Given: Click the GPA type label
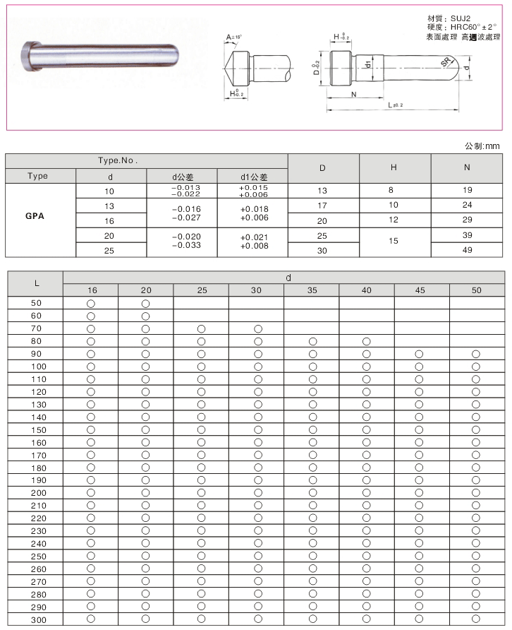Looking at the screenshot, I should [x=35, y=216].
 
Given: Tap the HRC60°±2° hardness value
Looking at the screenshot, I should [x=473, y=26].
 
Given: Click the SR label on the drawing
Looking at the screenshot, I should [x=446, y=63].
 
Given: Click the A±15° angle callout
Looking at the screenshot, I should [x=234, y=37].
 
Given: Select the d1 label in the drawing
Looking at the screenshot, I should [x=369, y=65].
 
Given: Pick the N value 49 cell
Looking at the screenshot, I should [x=467, y=249].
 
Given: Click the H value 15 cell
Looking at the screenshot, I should [x=394, y=241].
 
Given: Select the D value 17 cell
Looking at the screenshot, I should [x=322, y=206].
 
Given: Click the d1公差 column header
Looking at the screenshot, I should [x=253, y=177].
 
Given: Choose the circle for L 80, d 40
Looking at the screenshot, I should [x=367, y=341].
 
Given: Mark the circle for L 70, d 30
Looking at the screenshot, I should [x=257, y=328].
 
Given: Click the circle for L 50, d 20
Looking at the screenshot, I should [x=146, y=303].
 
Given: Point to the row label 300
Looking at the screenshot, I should [x=37, y=619].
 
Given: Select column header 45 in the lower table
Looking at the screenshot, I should [x=421, y=290].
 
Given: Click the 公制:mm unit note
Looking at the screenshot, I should [x=482, y=145].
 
